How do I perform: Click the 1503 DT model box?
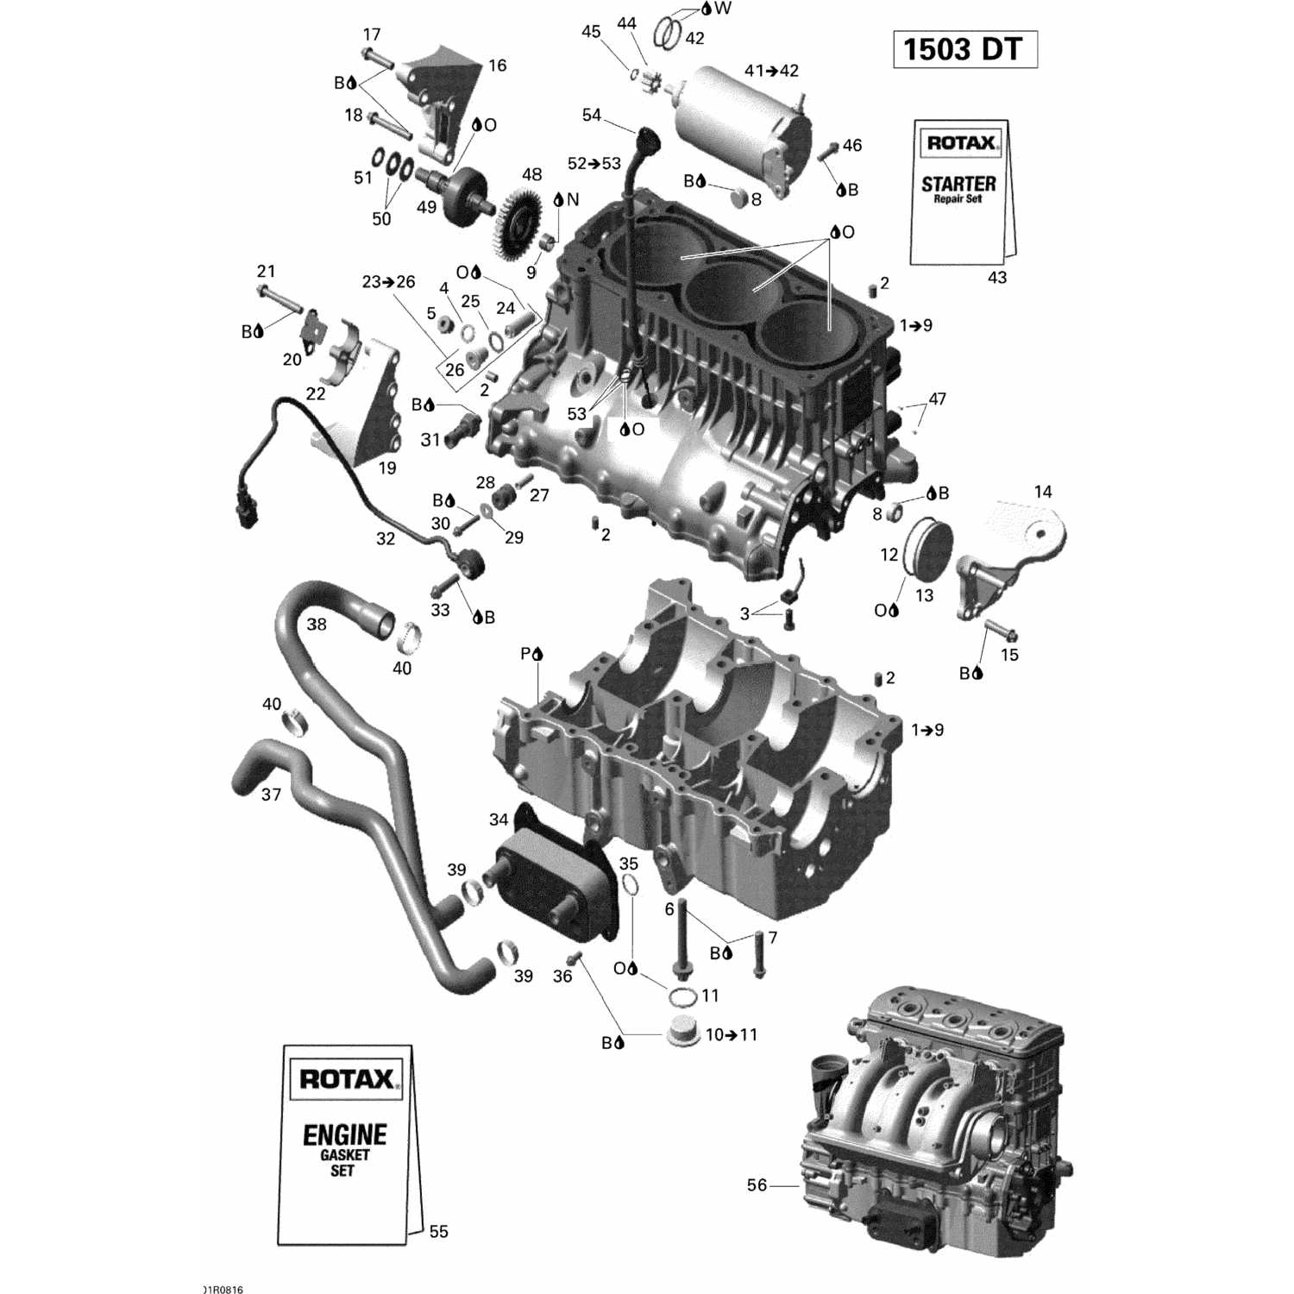point(964,50)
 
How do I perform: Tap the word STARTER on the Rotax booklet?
point(958,184)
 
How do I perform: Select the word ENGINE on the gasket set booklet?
point(344,1134)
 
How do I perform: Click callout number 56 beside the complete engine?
point(757,1185)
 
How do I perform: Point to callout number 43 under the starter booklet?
point(996,278)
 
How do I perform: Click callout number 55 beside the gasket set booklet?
point(438,1232)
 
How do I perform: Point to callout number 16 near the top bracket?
point(497,66)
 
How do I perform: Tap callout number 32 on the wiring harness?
point(385,538)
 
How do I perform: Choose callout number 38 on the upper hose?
point(317,624)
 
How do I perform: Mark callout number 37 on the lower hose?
point(271,794)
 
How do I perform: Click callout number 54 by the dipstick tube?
point(591,116)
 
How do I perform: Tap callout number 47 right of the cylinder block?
point(937,399)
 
